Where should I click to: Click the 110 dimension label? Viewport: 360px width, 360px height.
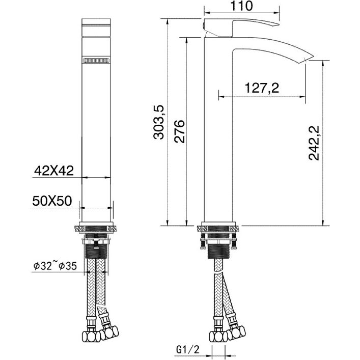point(241,6)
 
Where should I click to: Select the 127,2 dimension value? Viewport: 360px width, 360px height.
point(262,88)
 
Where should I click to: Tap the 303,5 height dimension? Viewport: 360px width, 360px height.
point(159,122)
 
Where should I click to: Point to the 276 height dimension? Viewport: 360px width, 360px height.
point(179,131)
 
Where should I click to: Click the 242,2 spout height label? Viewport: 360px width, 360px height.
point(314,143)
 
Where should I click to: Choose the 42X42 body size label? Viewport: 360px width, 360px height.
point(54,171)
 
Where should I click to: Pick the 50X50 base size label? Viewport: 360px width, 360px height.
point(52,201)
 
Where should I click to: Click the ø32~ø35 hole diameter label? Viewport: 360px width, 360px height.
point(55,266)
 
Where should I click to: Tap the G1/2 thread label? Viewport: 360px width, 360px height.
point(188,350)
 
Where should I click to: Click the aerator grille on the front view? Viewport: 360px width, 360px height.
point(96,61)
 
